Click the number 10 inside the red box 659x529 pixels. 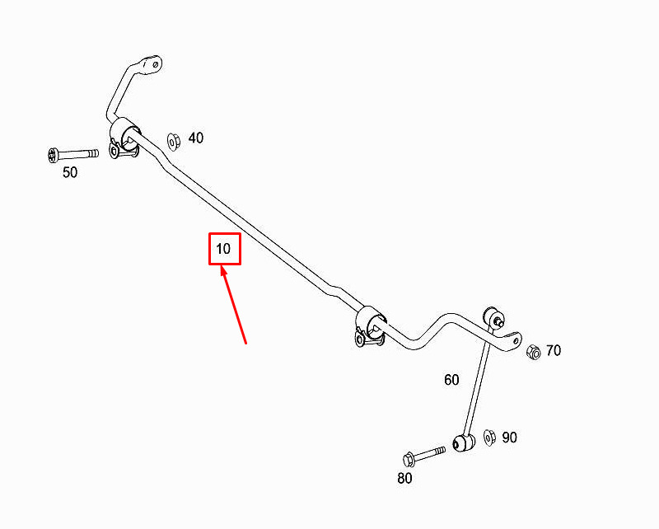tap(223, 249)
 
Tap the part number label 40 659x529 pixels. tap(196, 138)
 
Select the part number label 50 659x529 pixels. tap(70, 172)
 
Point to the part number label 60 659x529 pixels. tap(451, 380)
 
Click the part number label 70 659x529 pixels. tap(554, 350)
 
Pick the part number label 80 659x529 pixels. tap(404, 478)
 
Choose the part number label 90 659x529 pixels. tap(509, 438)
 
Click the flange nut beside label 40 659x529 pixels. tap(173, 141)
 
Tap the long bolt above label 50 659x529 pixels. tap(73, 154)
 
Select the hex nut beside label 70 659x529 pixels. tap(533, 352)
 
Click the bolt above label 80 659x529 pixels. tap(423, 456)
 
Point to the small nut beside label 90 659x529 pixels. tap(489, 438)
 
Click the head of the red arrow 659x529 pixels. tap(223, 270)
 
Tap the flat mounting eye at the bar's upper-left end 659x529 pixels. tap(150, 65)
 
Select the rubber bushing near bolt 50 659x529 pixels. tap(125, 133)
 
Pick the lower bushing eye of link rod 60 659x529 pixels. tap(464, 442)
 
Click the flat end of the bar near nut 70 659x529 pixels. tap(513, 340)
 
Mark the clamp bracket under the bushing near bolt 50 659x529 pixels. tap(123, 150)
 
